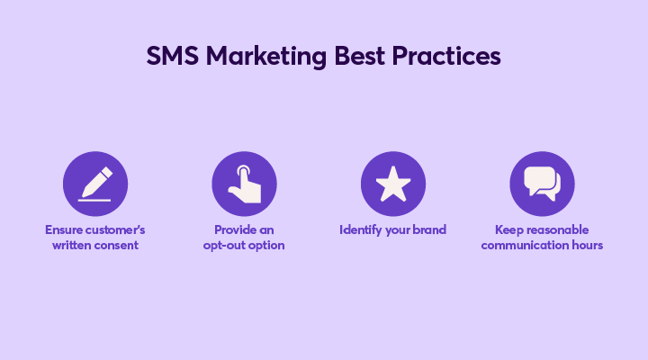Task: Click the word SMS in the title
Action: click(x=172, y=56)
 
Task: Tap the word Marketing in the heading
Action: click(x=266, y=57)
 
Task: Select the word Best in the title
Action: click(x=359, y=56)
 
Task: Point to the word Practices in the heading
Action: click(x=446, y=56)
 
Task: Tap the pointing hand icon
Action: click(x=245, y=184)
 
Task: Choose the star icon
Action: click(x=393, y=184)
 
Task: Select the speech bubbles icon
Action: click(x=542, y=184)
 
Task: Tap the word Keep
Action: click(x=508, y=230)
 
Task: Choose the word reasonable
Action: click(x=555, y=229)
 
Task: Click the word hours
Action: click(x=587, y=245)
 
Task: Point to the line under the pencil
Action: click(x=94, y=201)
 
